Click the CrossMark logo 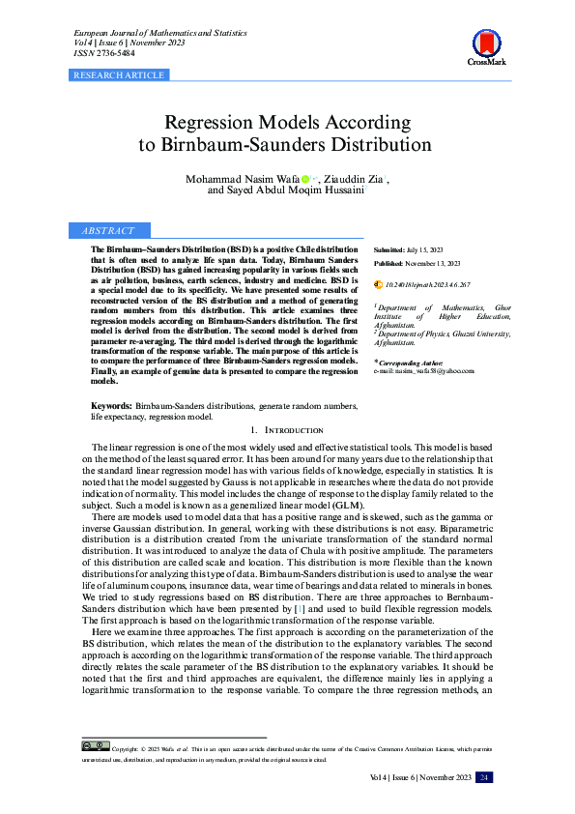point(487,45)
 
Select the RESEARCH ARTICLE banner point(119,74)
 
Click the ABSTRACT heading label point(107,231)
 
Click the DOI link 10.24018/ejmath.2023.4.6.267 point(427,285)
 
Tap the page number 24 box point(485,778)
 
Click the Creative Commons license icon point(95,747)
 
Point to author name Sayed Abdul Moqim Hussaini point(293,190)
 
